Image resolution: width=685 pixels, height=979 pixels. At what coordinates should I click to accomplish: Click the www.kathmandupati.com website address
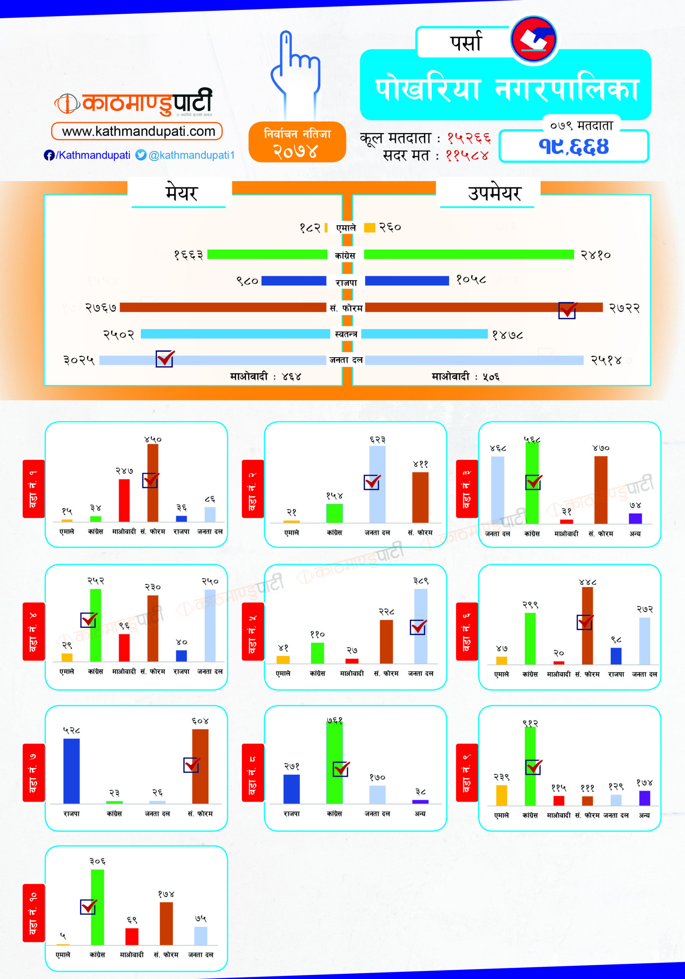tap(137, 131)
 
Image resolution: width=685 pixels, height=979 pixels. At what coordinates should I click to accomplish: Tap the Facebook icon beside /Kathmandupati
tap(49, 155)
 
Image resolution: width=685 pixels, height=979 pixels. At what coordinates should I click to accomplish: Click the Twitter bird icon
tap(141, 155)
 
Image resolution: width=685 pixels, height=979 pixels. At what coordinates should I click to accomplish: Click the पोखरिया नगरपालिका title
tap(506, 90)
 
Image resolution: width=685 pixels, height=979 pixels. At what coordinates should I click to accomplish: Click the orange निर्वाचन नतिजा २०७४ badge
tap(297, 142)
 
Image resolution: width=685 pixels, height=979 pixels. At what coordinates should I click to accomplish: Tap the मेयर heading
tap(181, 193)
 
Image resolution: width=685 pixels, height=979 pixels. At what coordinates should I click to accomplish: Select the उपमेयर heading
tap(494, 193)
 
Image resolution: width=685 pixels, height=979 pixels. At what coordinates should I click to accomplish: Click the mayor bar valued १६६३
tap(267, 255)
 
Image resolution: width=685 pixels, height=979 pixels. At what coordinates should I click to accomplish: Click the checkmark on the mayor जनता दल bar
tap(165, 359)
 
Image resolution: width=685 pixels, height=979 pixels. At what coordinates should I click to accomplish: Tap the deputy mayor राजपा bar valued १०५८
tap(407, 281)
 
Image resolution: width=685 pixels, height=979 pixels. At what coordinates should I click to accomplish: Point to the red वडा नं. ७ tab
tap(33, 772)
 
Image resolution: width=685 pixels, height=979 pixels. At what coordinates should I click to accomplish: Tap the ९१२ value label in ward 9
tap(530, 723)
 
